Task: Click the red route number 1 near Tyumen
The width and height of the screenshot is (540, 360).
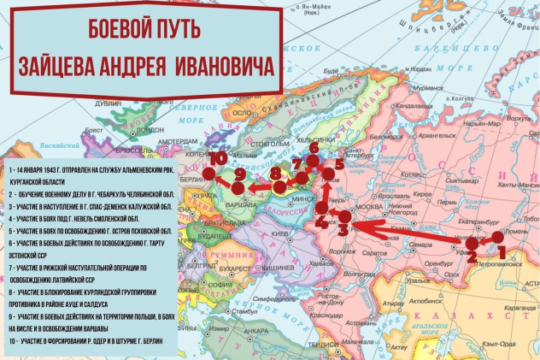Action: tap(502, 251)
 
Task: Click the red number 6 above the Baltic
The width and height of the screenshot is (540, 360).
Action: tap(314, 148)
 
